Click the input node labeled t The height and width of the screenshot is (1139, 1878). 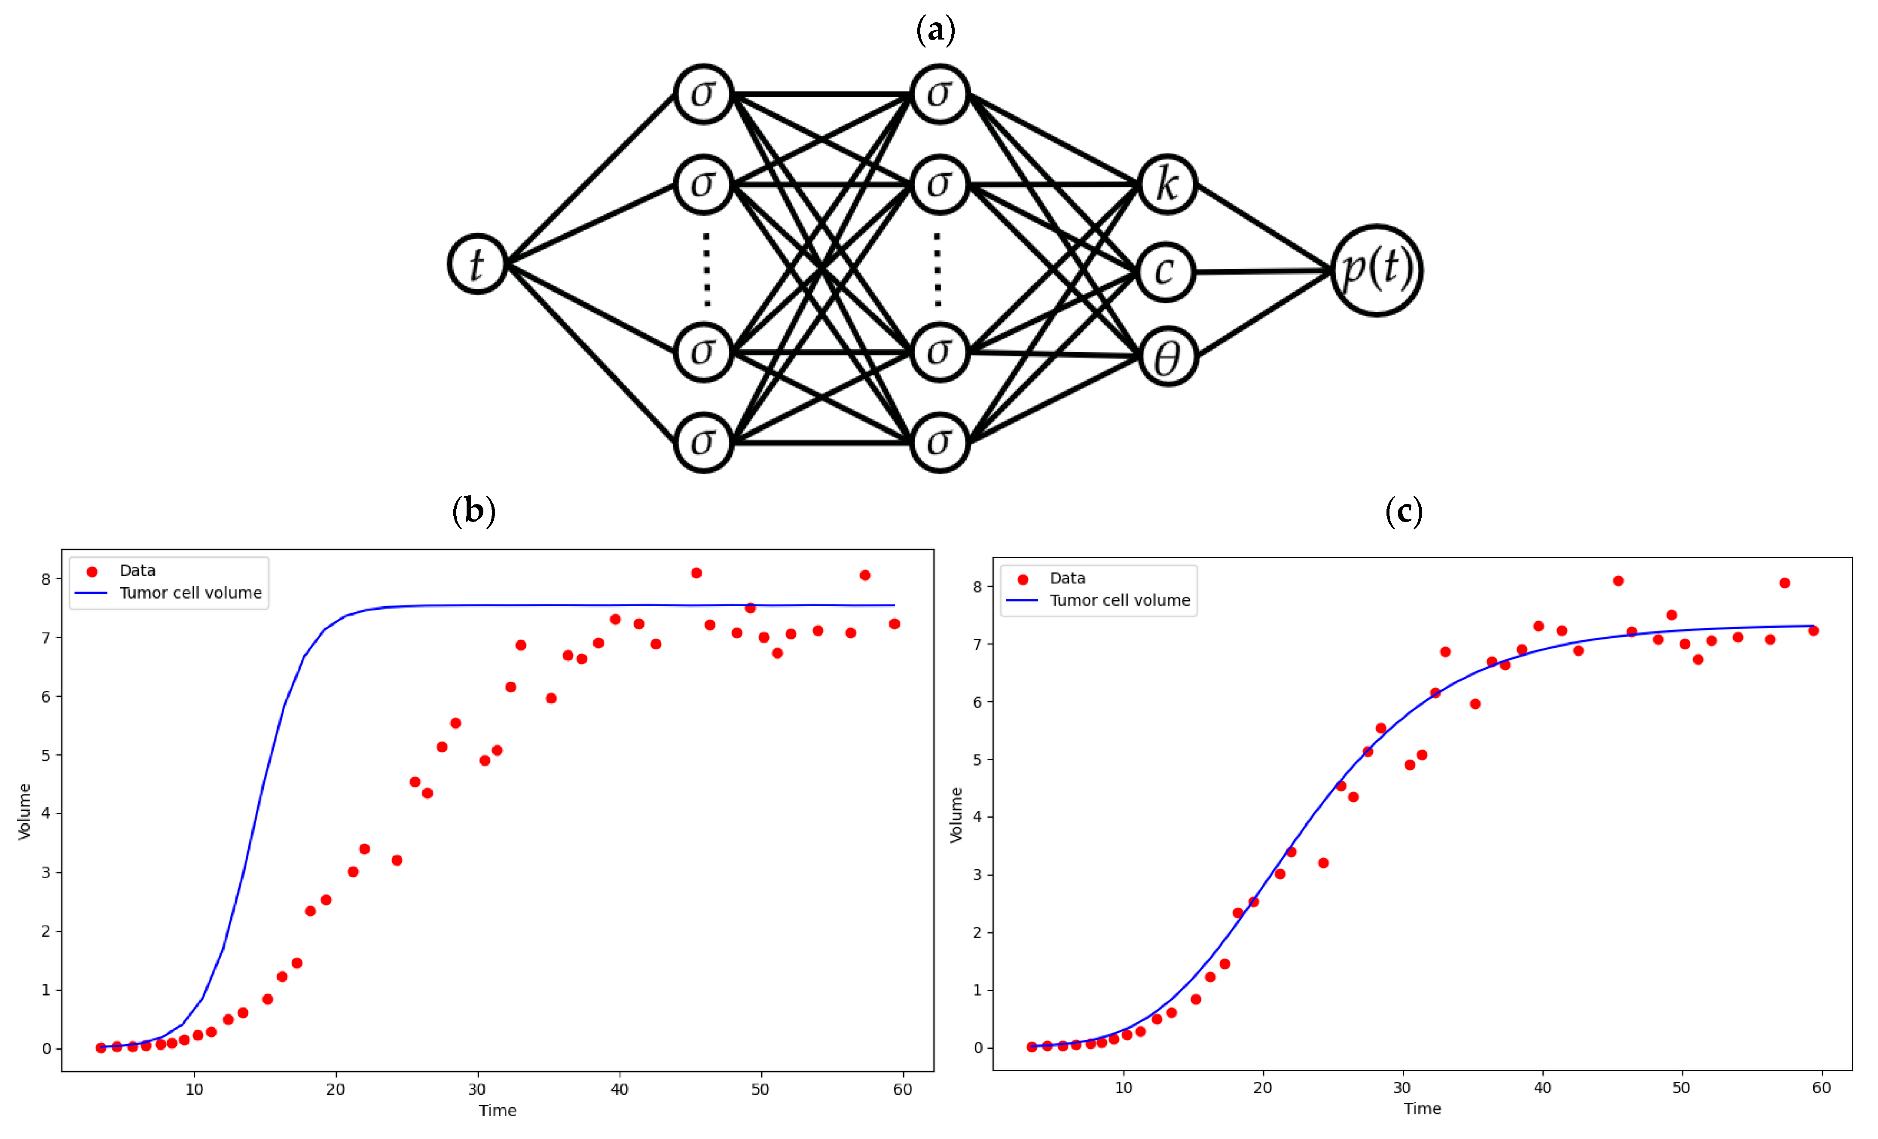pos(477,264)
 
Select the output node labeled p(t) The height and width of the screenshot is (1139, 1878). pos(1377,270)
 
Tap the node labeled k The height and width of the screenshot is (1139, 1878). pos(1168,184)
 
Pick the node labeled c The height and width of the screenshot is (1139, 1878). pos(1165,272)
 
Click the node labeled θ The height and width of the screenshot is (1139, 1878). pos(1168,357)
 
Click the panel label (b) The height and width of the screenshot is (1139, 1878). pos(473,510)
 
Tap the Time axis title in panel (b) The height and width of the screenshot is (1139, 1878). pos(498,1110)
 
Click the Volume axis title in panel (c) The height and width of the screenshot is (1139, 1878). pos(956,815)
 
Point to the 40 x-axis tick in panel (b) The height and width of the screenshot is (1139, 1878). pos(619,1089)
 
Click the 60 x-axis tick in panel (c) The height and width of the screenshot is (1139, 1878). pos(1821,1087)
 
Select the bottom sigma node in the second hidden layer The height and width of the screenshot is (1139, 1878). pos(940,442)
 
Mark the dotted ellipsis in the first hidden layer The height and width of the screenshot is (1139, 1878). pos(706,269)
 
